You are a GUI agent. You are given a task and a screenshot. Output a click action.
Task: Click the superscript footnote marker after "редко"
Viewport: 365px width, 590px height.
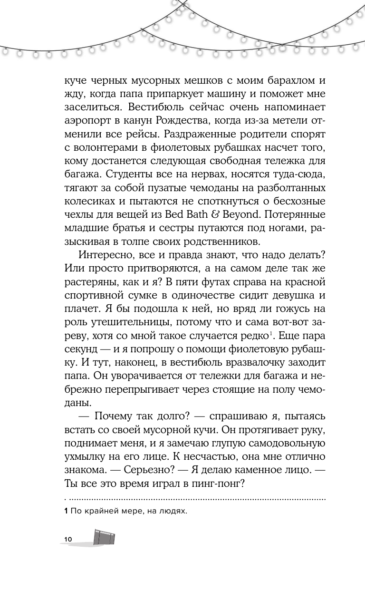[271, 334]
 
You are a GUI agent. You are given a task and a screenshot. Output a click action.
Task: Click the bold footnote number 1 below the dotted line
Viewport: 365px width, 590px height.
[66, 511]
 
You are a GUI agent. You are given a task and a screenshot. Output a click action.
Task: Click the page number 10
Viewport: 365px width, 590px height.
[67, 539]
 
